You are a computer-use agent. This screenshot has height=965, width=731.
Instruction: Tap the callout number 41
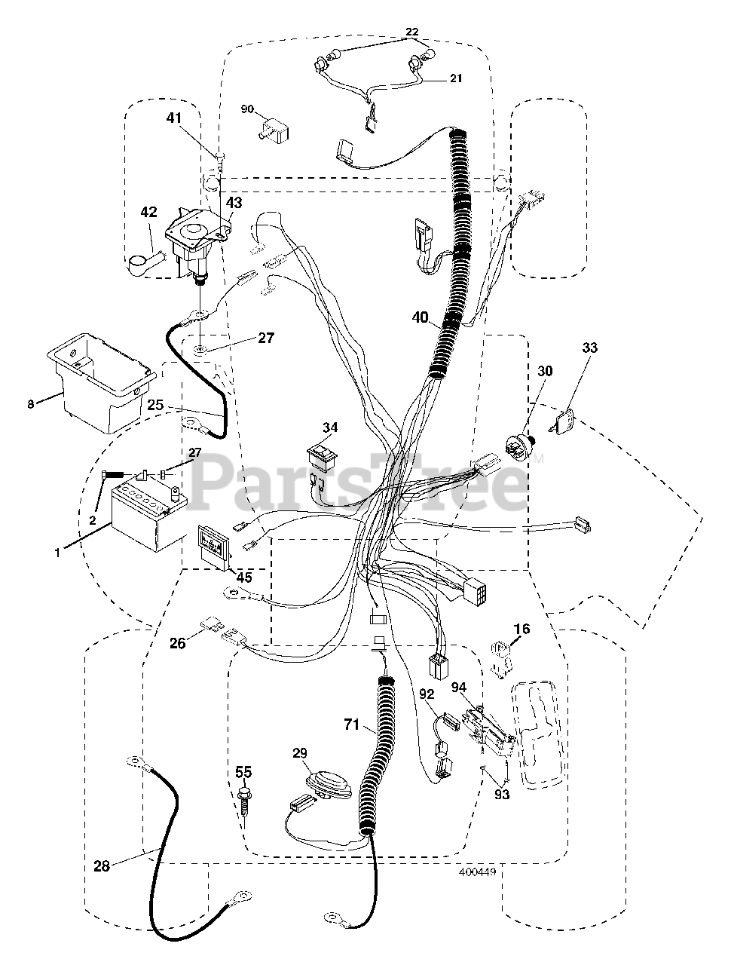(x=175, y=118)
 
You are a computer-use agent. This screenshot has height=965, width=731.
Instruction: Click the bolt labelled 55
(x=244, y=800)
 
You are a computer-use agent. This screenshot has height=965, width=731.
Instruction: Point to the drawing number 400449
(x=476, y=873)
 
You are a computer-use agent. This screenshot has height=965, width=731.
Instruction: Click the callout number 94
(x=460, y=687)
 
